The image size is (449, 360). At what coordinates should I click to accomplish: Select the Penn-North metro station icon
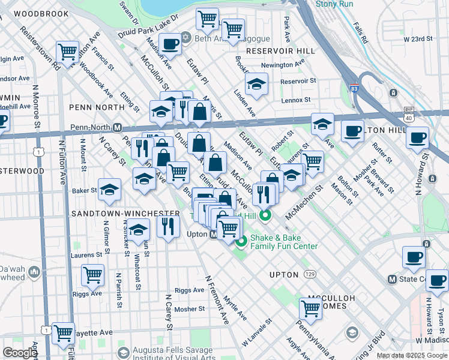118,127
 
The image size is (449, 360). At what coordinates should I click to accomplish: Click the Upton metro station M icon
214,234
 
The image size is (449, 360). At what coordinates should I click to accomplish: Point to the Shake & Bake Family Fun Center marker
241,242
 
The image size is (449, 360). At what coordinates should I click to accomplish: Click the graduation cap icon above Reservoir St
256,84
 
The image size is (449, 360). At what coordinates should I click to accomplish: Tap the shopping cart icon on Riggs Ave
92,275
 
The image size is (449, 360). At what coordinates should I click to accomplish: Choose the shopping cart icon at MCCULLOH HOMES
310,308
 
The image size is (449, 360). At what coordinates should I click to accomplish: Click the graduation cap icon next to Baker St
109,190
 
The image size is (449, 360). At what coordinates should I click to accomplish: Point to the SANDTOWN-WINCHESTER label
125,214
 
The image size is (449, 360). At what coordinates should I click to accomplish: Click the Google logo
20,353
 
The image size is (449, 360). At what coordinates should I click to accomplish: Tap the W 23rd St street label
418,39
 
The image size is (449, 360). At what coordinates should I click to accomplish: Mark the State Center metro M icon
393,279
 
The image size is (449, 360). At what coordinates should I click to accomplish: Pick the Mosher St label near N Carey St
190,310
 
